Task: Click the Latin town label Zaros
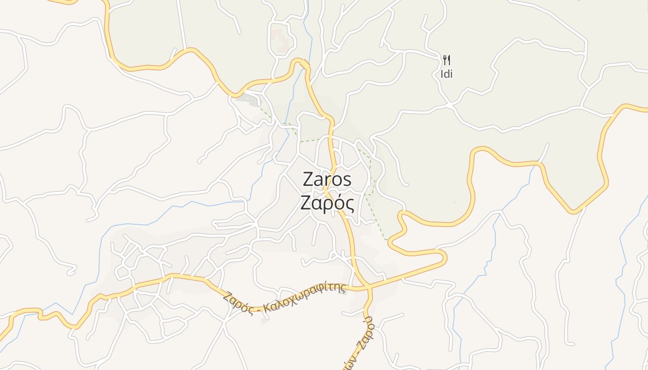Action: click(x=327, y=179)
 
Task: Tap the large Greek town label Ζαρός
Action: click(x=327, y=203)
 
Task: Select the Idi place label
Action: click(x=446, y=74)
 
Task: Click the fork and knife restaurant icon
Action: click(x=446, y=60)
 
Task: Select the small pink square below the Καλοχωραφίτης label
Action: click(x=263, y=320)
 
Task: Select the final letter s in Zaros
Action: click(x=347, y=180)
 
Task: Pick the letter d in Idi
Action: click(x=446, y=74)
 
